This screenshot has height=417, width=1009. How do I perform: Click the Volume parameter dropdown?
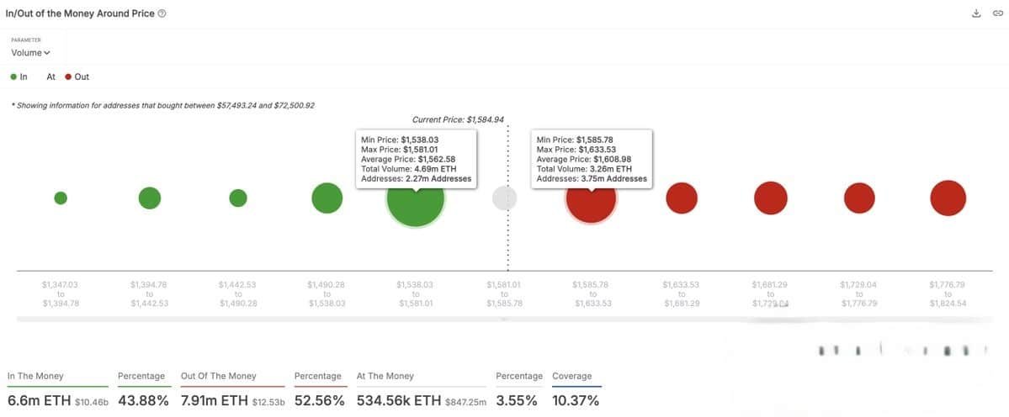30,53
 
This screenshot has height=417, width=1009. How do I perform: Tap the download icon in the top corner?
976,13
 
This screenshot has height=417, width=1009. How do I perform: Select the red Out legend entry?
77,77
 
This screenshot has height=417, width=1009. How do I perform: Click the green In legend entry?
19,77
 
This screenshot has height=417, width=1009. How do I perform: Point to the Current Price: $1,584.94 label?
458,119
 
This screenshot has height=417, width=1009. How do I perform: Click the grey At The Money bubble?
504,198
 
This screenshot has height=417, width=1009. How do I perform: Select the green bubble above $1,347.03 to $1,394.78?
61,198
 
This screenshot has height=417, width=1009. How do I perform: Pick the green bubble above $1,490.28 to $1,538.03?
327,198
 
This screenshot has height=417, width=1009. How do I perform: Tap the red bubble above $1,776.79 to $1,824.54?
948,198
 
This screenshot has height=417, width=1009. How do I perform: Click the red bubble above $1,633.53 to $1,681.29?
682,198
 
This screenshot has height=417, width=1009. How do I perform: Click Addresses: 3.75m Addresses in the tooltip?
592,179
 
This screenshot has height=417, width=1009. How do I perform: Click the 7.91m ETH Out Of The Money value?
216,401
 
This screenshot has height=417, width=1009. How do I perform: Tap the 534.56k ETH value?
399,401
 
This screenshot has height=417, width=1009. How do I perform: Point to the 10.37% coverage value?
576,401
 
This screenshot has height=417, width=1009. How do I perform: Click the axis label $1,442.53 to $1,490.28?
238,293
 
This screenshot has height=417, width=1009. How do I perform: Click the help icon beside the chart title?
162,13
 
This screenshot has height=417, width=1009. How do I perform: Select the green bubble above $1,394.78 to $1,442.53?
150,198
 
